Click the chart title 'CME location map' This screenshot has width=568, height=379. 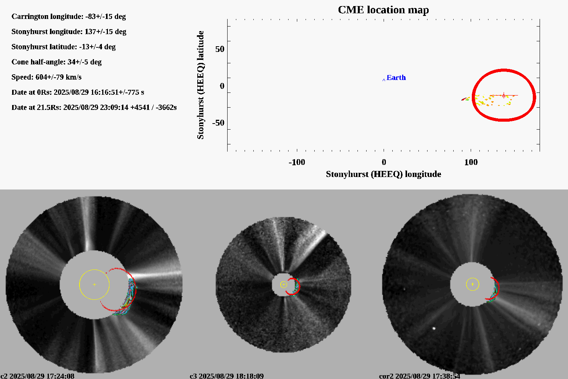(383, 10)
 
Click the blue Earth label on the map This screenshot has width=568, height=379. (396, 78)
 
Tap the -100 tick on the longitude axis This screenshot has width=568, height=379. (296, 162)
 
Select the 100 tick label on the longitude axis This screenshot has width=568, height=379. (471, 162)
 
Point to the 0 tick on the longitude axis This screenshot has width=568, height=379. (384, 162)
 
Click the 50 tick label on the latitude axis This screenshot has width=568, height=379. (220, 49)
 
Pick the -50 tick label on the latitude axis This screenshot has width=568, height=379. (218, 123)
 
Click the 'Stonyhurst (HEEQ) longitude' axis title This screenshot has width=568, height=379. (383, 174)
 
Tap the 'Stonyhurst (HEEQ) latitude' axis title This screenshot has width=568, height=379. (200, 85)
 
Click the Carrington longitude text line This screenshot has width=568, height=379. (69, 17)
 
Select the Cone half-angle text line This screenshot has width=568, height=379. (56, 62)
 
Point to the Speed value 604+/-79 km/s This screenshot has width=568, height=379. (58, 77)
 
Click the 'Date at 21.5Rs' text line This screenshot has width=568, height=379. (94, 108)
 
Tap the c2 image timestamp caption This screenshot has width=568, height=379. (37, 376)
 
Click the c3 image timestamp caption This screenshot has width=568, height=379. (226, 376)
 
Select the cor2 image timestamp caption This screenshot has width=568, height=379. (420, 376)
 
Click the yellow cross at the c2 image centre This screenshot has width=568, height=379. (94, 284)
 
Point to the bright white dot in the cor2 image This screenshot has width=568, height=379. (434, 328)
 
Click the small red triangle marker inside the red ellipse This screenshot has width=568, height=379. (504, 95)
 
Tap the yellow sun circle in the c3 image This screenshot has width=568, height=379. (284, 285)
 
